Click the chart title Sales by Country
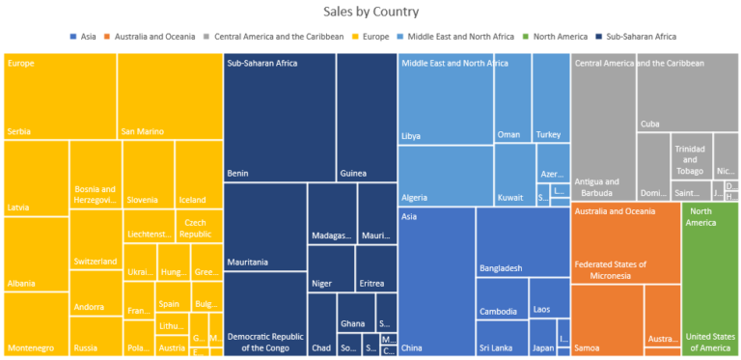(371, 13)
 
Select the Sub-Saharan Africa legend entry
(639, 37)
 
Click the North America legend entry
(560, 37)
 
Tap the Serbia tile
(60, 97)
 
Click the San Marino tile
(169, 97)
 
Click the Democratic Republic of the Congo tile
(264, 314)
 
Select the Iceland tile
(198, 174)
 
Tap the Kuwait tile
(514, 175)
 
